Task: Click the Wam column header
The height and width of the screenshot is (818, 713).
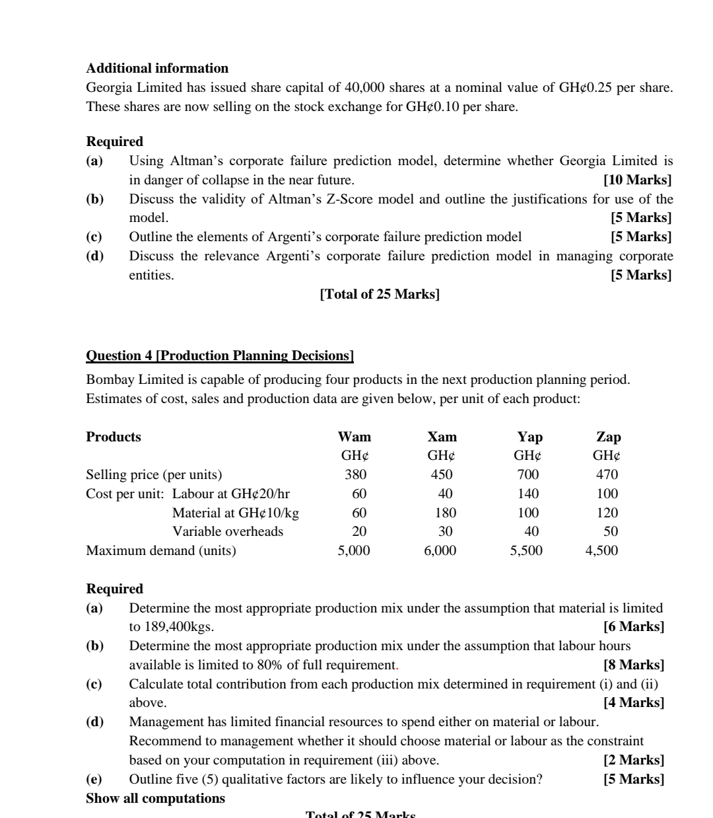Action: click(x=355, y=437)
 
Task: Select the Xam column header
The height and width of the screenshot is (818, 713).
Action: click(x=442, y=437)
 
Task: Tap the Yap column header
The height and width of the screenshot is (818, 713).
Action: click(x=529, y=437)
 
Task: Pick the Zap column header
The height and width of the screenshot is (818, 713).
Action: click(x=608, y=437)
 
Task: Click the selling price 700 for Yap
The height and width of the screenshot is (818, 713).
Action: click(x=528, y=474)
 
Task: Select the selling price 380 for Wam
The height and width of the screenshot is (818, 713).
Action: click(x=355, y=474)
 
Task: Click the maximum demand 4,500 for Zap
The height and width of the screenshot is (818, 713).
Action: click(x=601, y=550)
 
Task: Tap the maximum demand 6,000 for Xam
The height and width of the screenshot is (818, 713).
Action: click(x=440, y=550)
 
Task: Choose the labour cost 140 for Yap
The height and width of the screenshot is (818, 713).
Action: click(x=528, y=494)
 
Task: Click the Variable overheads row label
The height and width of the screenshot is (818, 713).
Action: click(x=227, y=531)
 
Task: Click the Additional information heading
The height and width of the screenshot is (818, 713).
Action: click(x=157, y=68)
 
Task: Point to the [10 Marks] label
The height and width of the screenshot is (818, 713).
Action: click(x=637, y=180)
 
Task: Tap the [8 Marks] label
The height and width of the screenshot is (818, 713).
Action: click(x=634, y=665)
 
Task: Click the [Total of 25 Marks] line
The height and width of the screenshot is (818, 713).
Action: click(x=380, y=294)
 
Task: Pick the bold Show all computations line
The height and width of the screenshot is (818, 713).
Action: click(x=155, y=798)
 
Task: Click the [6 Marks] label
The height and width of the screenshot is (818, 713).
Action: click(x=634, y=626)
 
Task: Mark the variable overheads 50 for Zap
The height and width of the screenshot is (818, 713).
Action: click(x=611, y=531)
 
